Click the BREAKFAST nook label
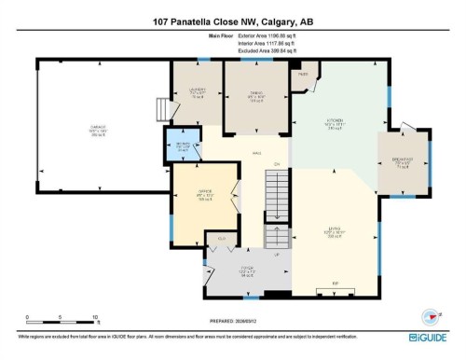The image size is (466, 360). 404,161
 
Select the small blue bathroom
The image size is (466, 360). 183,145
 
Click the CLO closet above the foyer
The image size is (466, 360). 222,241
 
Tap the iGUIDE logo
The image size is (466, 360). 430,335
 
